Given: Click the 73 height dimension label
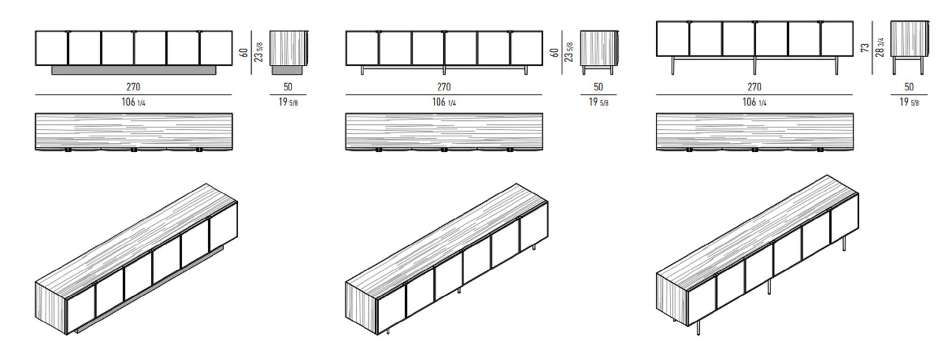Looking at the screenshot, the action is tap(865, 48).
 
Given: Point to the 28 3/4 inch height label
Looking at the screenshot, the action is tap(880, 48).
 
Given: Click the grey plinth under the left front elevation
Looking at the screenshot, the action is tap(134, 70).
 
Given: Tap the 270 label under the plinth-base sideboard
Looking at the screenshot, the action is tap(133, 87).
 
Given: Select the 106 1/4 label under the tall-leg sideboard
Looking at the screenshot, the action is tap(754, 102).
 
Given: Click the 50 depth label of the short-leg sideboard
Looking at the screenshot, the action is tap(598, 87).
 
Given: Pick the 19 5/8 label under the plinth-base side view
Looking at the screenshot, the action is tap(288, 102).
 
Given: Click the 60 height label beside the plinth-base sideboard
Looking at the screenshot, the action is tap(245, 52).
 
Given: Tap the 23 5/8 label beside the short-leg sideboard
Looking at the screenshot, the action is tap(569, 52).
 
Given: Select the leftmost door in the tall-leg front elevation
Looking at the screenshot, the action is tap(672, 39).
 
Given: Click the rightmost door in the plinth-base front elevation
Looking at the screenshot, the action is tap(217, 48).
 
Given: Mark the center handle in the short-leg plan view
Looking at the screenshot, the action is tap(444, 149).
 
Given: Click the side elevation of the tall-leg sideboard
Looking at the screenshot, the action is tap(909, 47).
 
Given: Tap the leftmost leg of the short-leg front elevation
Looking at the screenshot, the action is tap(362, 70).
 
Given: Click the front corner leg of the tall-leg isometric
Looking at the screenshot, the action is tap(699, 327).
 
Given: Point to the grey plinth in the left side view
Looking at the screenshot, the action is tap(287, 70).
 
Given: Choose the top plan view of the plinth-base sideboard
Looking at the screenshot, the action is tap(134, 132).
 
